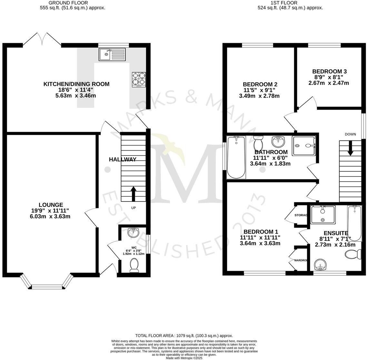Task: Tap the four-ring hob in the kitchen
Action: tap(139, 79)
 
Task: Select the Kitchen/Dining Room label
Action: tap(76, 84)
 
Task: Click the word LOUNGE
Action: tap(51, 205)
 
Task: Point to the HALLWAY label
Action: tap(123, 159)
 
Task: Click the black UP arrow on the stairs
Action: tap(133, 193)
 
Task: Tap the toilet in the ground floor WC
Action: tap(133, 266)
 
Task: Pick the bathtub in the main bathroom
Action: tap(236, 157)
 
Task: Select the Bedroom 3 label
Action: tap(329, 72)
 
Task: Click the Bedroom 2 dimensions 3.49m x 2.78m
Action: tap(259, 96)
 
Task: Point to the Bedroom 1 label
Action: tap(261, 232)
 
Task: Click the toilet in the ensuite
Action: tap(353, 255)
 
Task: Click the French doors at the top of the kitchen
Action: tap(42, 39)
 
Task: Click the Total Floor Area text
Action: tap(184, 336)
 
